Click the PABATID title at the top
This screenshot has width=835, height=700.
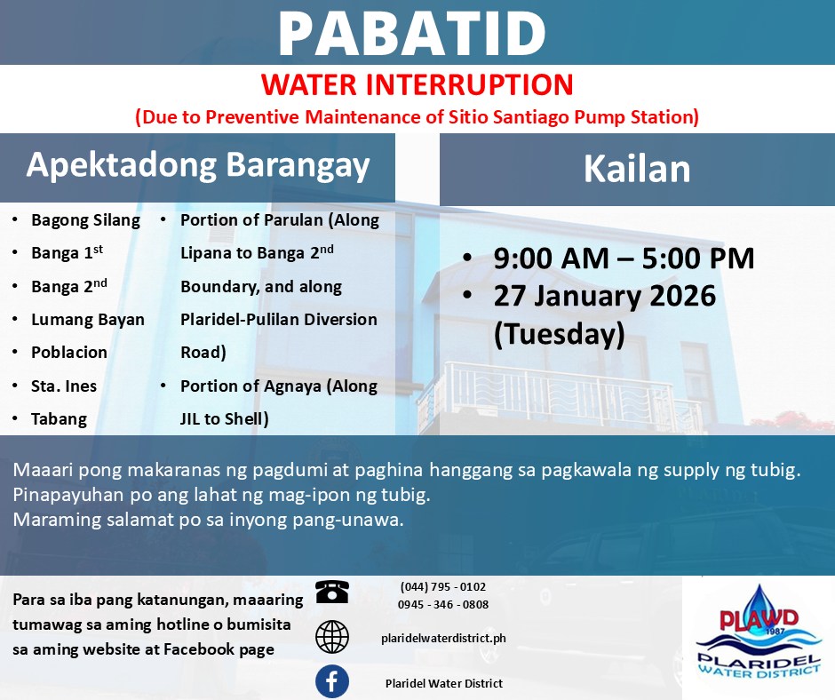412,33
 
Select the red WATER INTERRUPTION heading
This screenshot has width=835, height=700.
417,84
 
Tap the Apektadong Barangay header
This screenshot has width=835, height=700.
197,165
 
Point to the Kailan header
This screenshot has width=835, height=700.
637,170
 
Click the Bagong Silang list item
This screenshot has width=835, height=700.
86,220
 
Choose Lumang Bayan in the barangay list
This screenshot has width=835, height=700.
88,320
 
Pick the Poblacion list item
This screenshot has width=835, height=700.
69,353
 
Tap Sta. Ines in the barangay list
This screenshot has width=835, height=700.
64,386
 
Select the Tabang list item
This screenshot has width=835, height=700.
60,419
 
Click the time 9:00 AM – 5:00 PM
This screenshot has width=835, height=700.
624,259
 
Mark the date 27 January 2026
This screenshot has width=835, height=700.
604,296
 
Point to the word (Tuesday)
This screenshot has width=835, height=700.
559,335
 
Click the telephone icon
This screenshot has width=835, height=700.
331,592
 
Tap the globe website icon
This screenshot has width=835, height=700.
331,637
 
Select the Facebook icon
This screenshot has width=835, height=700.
331,681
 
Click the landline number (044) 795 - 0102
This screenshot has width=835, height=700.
443,587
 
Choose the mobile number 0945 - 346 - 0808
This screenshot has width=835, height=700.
443,605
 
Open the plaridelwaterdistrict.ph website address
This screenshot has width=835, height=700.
443,638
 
